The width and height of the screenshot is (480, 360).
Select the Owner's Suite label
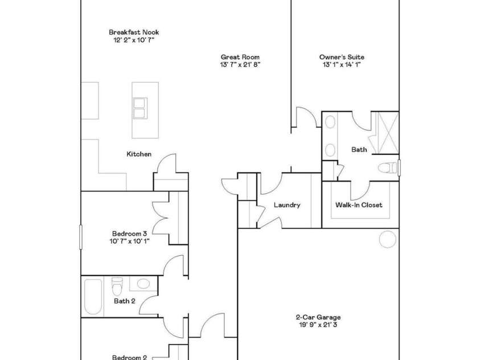[341, 57]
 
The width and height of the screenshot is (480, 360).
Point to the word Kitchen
[139, 154]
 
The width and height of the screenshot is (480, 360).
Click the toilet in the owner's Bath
[388, 167]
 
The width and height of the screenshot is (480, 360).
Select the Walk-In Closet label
[359, 205]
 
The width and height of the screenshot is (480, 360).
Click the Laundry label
[286, 205]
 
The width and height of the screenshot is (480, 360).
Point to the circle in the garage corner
[388, 239]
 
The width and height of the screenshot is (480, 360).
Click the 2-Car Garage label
[318, 317]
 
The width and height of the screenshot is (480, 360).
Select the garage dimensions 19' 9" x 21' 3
[318, 325]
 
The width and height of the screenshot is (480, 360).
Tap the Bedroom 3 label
[129, 233]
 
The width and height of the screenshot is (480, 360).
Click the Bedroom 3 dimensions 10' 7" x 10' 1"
[129, 240]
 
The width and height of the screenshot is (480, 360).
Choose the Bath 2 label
[124, 301]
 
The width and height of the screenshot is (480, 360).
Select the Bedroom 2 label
[129, 357]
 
